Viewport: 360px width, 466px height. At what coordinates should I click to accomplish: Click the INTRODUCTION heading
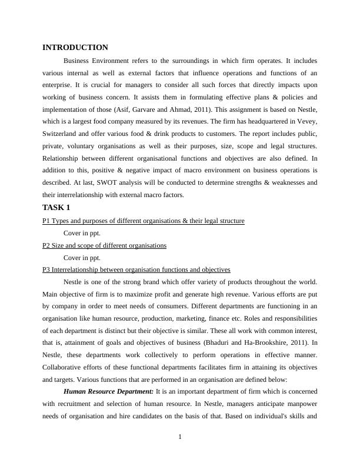click(75, 48)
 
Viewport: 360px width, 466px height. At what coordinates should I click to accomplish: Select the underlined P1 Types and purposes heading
click(144, 221)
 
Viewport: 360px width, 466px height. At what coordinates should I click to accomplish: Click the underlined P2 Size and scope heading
click(105, 245)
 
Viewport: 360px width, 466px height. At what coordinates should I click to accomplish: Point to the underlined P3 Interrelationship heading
click(136, 269)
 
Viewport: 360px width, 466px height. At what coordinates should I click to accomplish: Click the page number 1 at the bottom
click(180, 437)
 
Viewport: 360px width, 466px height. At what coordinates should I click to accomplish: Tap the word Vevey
click(305, 121)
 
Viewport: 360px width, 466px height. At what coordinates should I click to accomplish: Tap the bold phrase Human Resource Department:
click(108, 392)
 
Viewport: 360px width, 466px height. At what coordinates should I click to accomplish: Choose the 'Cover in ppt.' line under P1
click(82, 233)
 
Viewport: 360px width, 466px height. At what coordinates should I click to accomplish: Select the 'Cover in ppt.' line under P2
click(82, 257)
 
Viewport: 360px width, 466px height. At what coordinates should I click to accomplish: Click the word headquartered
click(258, 121)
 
